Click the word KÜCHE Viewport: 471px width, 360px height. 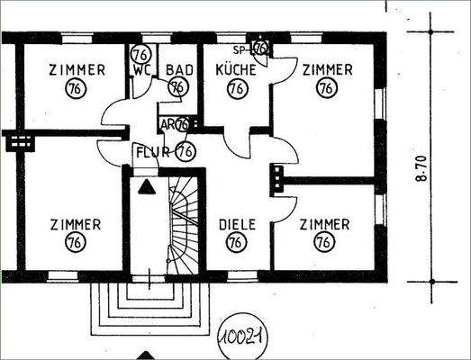(236, 68)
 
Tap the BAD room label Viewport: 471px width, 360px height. (178, 68)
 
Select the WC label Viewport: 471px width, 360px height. (141, 68)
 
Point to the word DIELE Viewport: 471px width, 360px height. (235, 224)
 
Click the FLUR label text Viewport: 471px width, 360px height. (152, 151)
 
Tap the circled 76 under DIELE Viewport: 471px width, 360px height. (235, 242)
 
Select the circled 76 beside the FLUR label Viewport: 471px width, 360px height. (186, 150)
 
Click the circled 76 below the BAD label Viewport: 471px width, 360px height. (177, 86)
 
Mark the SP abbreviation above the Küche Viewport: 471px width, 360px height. (240, 48)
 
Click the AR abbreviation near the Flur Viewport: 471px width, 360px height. (168, 124)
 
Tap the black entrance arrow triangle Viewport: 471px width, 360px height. (144, 186)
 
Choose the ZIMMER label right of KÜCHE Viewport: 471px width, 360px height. (326, 68)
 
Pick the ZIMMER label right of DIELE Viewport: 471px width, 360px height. (325, 223)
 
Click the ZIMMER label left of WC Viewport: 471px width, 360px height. (77, 68)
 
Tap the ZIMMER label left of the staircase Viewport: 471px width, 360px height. (75, 223)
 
